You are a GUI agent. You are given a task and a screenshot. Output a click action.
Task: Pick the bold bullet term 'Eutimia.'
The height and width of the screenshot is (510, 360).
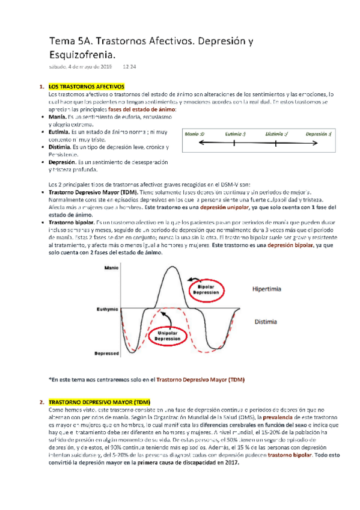(59, 131)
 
